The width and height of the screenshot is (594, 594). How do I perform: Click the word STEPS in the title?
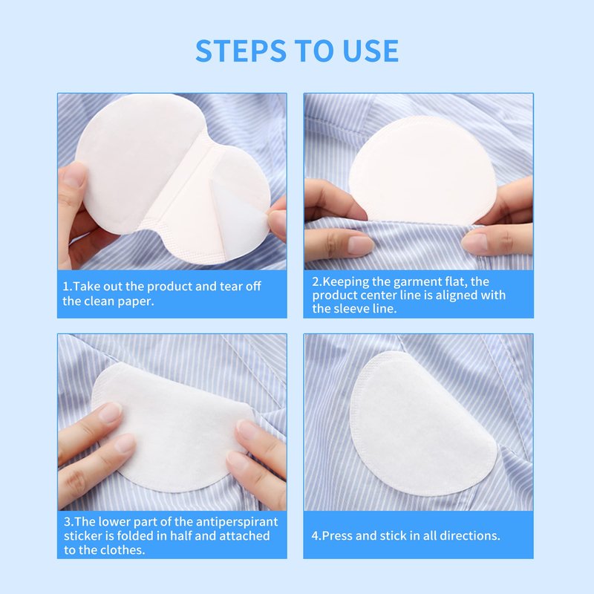pyautogui.click(x=241, y=50)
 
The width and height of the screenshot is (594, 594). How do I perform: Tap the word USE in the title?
pyautogui.click(x=371, y=50)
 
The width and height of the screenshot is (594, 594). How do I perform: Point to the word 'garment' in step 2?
pyautogui.click(x=419, y=282)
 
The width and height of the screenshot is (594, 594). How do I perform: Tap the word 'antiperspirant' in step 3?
pyautogui.click(x=234, y=522)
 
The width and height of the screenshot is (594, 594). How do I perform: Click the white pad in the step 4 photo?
pyautogui.click(x=422, y=424)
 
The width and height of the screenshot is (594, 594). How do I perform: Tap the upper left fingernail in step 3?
pyautogui.click(x=110, y=411)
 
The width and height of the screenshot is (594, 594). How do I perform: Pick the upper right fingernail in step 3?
pyautogui.click(x=247, y=431)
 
